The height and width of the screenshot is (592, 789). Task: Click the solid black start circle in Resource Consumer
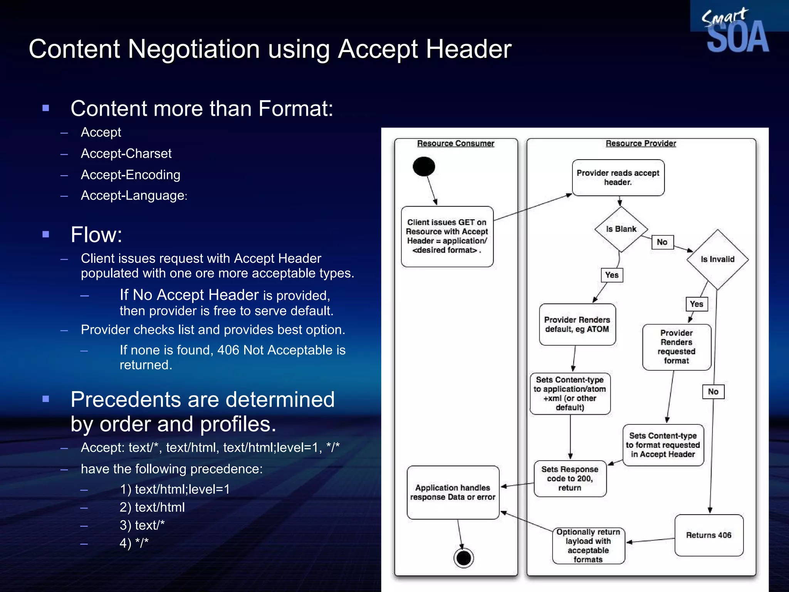[x=424, y=166]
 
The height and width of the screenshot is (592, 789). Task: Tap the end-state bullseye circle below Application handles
[x=463, y=558]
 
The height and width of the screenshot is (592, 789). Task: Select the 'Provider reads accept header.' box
[x=618, y=178]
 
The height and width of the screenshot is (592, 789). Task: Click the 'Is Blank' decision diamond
[x=621, y=229]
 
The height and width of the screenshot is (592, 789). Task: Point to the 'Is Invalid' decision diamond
[x=717, y=259]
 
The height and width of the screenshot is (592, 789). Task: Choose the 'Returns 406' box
[x=709, y=535]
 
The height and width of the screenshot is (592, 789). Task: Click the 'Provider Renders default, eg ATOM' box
[x=577, y=325]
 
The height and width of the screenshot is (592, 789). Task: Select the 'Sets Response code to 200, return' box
[x=570, y=479]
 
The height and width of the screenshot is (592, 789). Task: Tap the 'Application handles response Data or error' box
[x=453, y=493]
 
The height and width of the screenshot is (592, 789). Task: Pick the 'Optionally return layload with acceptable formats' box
[x=588, y=546]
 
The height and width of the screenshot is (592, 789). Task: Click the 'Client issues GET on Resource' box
[x=447, y=236]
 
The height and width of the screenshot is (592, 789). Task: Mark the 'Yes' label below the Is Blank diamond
[x=612, y=275]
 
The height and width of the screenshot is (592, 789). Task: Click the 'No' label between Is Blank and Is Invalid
[x=662, y=242]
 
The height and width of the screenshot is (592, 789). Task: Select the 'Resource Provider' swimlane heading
[x=641, y=143]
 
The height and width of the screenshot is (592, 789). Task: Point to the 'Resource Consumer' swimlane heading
[x=455, y=143]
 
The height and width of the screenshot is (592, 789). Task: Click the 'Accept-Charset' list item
[x=126, y=153]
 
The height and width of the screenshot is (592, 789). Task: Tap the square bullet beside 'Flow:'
[x=46, y=234]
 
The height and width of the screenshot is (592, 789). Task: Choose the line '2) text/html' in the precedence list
[x=152, y=507]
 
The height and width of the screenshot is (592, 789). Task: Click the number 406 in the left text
[x=228, y=350]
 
